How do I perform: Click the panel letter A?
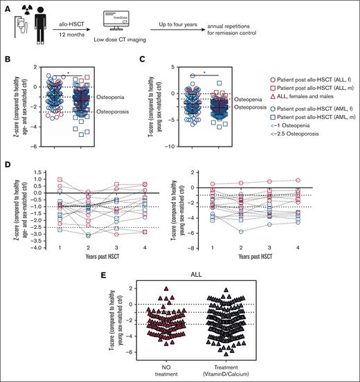tap(6, 8)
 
